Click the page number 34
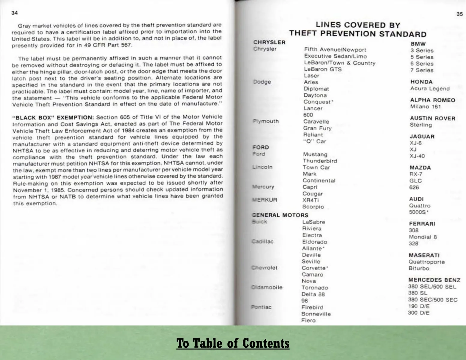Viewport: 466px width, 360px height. click(x=14, y=13)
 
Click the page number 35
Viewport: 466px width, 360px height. click(x=459, y=14)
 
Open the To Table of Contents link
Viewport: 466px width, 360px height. click(x=233, y=343)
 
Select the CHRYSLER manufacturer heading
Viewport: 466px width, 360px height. click(x=269, y=42)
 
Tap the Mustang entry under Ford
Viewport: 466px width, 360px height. click(x=315, y=154)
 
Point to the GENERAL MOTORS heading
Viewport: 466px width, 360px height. click(x=280, y=215)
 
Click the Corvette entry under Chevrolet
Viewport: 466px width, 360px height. click(x=314, y=268)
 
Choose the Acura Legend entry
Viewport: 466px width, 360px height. click(x=430, y=88)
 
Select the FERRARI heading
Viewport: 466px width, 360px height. click(x=422, y=224)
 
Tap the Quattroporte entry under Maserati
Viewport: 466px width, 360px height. click(x=426, y=262)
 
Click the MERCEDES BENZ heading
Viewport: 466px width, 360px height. click(x=434, y=280)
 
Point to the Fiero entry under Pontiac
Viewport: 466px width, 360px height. click(x=308, y=320)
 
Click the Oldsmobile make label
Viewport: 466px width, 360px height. click(x=267, y=287)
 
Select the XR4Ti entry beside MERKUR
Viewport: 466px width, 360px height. click(x=311, y=200)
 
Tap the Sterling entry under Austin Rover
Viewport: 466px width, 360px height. click(x=421, y=125)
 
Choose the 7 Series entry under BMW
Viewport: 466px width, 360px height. click(x=422, y=70)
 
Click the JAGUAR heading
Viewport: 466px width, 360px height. click(x=422, y=137)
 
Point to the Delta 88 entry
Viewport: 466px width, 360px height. click(x=313, y=294)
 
